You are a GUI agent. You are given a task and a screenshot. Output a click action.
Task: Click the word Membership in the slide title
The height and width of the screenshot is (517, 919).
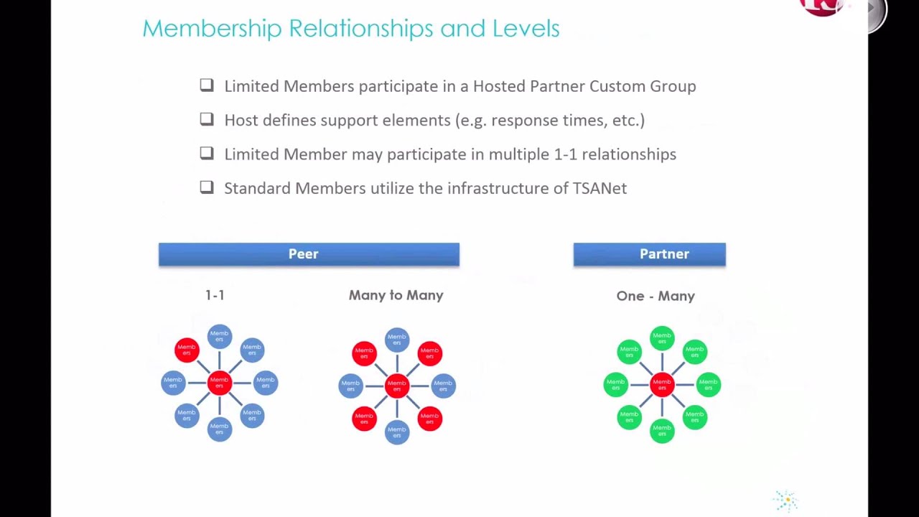(x=212, y=29)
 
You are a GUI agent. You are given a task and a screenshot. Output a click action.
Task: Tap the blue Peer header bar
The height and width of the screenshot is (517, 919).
(x=309, y=254)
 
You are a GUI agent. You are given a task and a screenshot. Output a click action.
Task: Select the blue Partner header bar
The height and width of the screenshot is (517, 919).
(x=649, y=254)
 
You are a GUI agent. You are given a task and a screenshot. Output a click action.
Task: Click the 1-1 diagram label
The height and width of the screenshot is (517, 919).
(x=215, y=295)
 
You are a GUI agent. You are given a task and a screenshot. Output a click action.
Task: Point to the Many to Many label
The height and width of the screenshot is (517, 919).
(x=396, y=295)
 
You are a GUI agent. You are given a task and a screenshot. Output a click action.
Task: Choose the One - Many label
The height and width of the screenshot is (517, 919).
(x=656, y=296)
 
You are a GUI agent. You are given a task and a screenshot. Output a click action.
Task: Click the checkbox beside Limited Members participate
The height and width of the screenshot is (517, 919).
(x=207, y=85)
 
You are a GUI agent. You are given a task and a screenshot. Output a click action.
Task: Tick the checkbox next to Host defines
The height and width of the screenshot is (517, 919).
(x=207, y=119)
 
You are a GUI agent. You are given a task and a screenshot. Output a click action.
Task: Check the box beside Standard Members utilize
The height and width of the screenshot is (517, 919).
(x=207, y=187)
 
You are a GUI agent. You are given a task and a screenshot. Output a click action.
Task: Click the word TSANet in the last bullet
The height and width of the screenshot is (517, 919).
(x=600, y=188)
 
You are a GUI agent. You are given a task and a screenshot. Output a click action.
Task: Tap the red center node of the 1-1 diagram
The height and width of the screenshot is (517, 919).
(x=220, y=383)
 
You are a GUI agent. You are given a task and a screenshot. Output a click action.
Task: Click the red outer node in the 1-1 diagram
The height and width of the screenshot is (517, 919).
(x=187, y=350)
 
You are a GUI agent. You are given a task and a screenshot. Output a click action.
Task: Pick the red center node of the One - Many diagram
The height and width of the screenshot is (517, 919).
(x=662, y=385)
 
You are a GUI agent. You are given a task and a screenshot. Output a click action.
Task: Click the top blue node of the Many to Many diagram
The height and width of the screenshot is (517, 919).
(x=397, y=340)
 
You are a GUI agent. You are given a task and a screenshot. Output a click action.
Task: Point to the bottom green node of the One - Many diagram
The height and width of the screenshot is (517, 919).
(x=662, y=430)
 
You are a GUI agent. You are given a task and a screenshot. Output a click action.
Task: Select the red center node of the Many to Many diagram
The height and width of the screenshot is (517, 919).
(x=397, y=386)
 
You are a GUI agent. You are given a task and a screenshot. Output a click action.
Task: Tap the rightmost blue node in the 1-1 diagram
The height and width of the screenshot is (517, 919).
(x=266, y=383)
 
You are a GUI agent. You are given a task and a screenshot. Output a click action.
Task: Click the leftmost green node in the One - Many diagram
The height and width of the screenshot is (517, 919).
(x=615, y=385)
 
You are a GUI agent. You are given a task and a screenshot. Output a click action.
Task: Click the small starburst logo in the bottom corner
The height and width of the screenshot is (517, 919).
(x=786, y=500)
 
